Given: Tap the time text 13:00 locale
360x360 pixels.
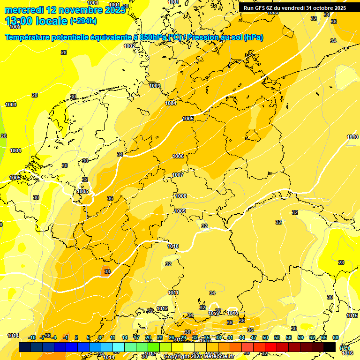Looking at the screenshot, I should [x=36, y=21].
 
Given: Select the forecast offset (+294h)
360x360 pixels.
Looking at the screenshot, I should [x=83, y=21].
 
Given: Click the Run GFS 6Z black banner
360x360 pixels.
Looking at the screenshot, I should [x=295, y=7].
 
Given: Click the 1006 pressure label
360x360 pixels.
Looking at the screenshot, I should [x=178, y=156].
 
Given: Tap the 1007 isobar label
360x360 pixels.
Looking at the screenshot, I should [x=178, y=175].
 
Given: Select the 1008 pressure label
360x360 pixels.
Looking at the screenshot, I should [x=181, y=196].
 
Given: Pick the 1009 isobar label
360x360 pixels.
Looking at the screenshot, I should [x=180, y=211].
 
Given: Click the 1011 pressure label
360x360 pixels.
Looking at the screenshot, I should [x=173, y=292].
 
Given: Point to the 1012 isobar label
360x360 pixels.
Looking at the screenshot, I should [x=162, y=308].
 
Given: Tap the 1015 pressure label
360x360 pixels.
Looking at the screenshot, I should [x=352, y=316].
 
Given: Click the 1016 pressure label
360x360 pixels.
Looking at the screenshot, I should [x=348, y=353].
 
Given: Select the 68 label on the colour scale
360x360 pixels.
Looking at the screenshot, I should [x=336, y=337].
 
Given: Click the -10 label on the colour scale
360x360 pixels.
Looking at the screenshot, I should [x=32, y=337].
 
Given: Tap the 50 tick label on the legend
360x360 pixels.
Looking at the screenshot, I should [x=265, y=337].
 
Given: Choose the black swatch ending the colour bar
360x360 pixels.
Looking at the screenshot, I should [x=330, y=347].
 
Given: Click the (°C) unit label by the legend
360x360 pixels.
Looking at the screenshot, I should [x=344, y=347].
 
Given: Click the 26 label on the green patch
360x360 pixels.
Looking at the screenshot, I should [x=4, y=136].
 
